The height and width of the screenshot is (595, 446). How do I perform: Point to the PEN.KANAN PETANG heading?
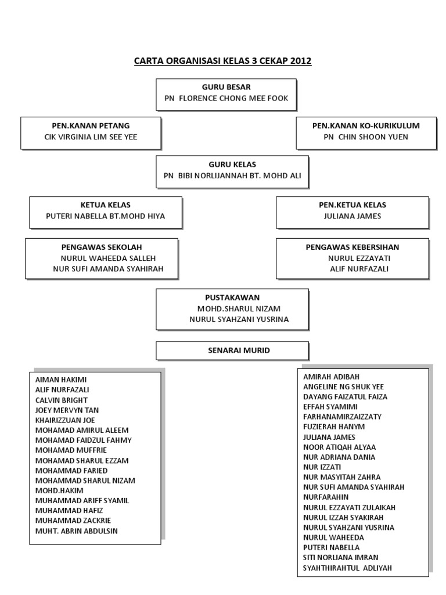tap(91, 126)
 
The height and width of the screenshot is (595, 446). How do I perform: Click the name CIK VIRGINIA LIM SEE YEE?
tap(91, 137)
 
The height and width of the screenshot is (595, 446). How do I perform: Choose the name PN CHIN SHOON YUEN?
tap(366, 137)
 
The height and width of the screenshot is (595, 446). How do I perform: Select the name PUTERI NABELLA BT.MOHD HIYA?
tap(106, 216)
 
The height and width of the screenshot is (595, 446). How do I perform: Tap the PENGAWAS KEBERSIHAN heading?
tap(353, 248)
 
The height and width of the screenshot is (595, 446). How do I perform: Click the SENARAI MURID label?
tap(223, 350)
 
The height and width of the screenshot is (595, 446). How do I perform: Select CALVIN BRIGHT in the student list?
tap(62, 400)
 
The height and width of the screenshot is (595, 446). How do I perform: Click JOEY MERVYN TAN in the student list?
tap(67, 410)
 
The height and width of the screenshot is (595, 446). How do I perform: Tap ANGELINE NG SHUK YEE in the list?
tap(343, 386)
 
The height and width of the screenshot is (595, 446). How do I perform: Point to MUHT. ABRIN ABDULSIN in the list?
tap(80, 531)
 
